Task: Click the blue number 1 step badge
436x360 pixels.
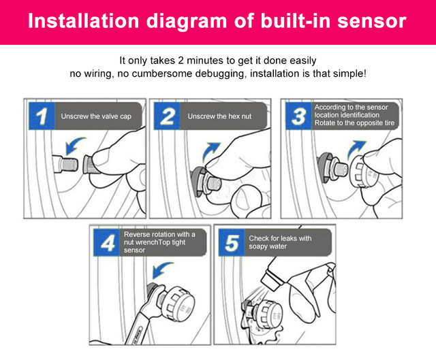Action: click(x=42, y=116)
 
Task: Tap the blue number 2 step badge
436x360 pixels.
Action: click(x=167, y=116)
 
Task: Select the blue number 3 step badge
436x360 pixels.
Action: click(x=298, y=116)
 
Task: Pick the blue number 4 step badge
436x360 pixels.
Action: click(x=106, y=242)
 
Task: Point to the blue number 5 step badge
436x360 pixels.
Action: click(x=232, y=242)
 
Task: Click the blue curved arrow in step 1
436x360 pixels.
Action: click(x=73, y=144)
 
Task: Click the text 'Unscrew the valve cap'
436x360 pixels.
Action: click(x=96, y=116)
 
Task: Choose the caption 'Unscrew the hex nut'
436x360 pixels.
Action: click(x=219, y=116)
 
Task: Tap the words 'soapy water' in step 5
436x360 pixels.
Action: click(x=268, y=246)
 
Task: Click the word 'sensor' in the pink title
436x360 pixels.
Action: click(x=372, y=21)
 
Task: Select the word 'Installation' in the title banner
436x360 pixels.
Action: click(x=83, y=21)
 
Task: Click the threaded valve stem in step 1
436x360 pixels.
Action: click(x=68, y=165)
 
